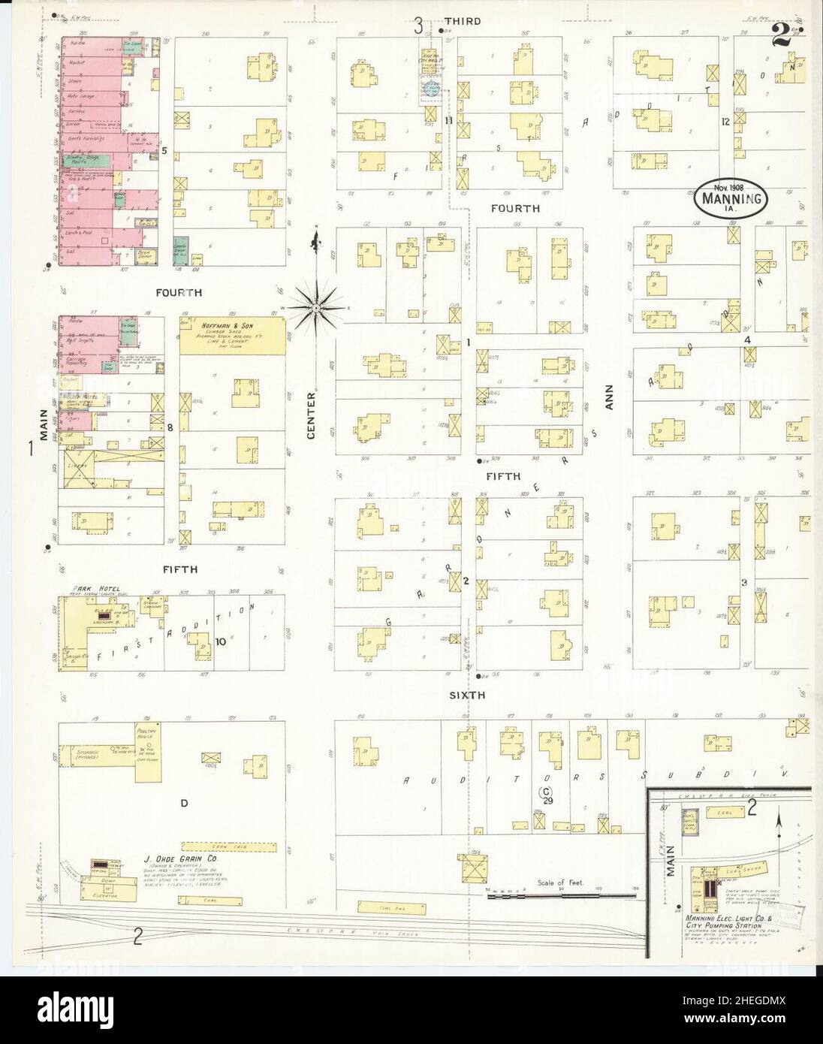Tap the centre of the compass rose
point(316,308)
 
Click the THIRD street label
point(462,21)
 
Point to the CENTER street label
point(311,415)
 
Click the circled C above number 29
point(547,791)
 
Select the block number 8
point(170,427)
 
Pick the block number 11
point(448,120)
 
